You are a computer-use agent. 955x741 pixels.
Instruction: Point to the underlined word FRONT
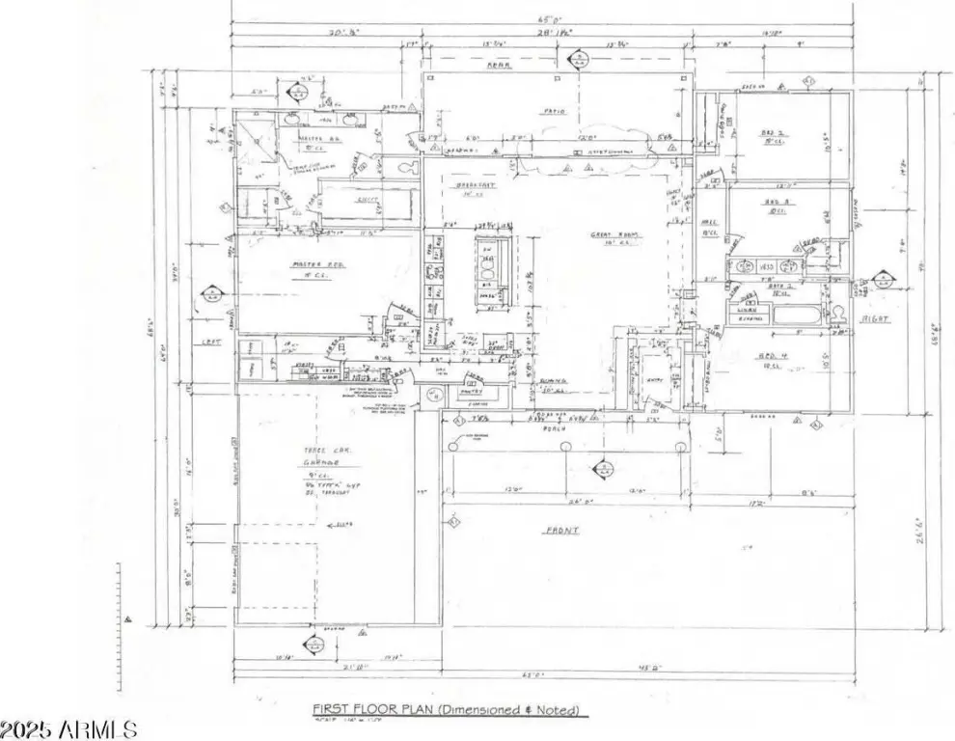(560, 530)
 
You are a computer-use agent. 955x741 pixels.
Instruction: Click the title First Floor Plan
(447, 711)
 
